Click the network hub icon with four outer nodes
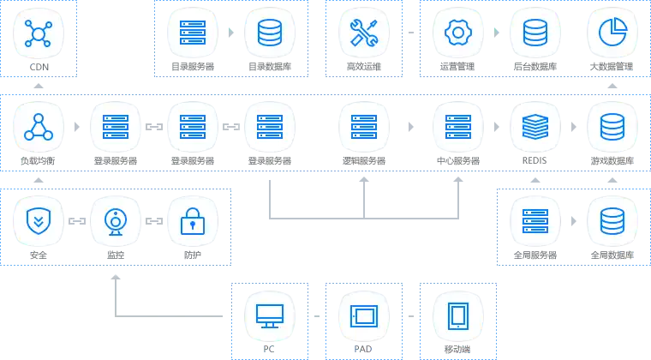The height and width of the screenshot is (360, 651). tap(38, 33)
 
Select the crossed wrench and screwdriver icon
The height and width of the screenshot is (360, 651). tap(363, 33)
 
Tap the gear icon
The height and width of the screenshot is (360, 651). tap(458, 33)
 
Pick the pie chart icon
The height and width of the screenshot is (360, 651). tap(612, 33)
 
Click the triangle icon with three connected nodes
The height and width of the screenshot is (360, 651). tap(38, 128)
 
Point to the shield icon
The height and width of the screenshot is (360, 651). tap(38, 222)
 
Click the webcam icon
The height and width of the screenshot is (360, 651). tap(115, 222)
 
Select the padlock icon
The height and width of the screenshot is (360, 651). tap(192, 222)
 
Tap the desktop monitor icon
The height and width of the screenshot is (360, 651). tap(270, 315)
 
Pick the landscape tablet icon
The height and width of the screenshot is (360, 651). tap(363, 315)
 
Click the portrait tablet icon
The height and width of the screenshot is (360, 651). tap(457, 315)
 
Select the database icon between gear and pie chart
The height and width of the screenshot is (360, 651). tap(535, 33)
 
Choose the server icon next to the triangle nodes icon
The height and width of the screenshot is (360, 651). tap(115, 128)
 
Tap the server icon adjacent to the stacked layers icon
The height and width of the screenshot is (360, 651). tap(458, 128)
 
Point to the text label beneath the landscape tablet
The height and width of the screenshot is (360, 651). tap(363, 349)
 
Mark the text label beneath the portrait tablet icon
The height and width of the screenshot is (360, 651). tap(457, 349)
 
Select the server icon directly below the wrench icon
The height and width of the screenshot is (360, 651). tap(363, 128)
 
